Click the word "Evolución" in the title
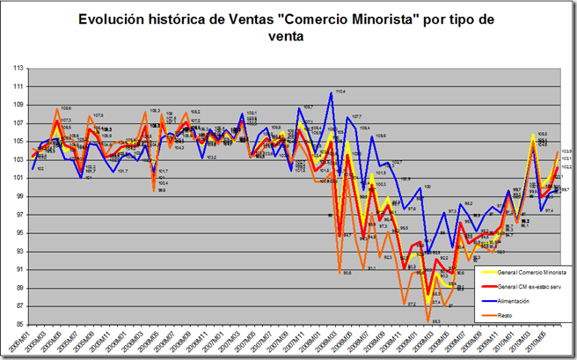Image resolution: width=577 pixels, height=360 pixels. click(x=113, y=18)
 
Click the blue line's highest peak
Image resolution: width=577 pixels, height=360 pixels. click(x=332, y=92)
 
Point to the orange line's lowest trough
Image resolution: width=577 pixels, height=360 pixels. click(x=427, y=321)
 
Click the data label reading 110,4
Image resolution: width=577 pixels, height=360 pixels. click(x=340, y=91)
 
